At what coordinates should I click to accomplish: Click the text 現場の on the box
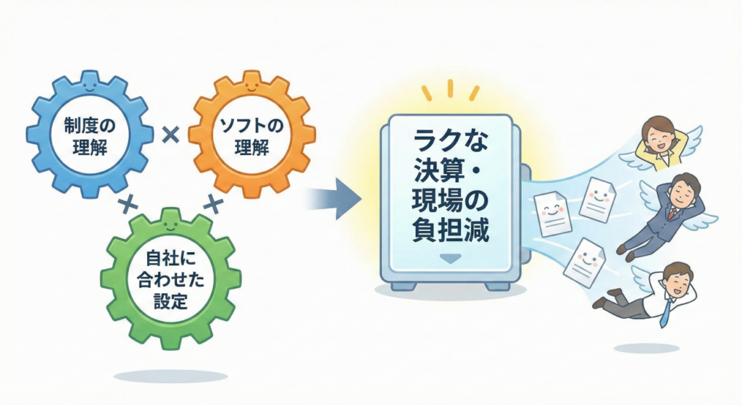point(449,201)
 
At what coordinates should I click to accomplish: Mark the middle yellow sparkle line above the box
point(449,88)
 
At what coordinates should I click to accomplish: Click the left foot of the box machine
point(403,285)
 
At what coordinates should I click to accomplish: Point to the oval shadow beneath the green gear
point(171,376)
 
